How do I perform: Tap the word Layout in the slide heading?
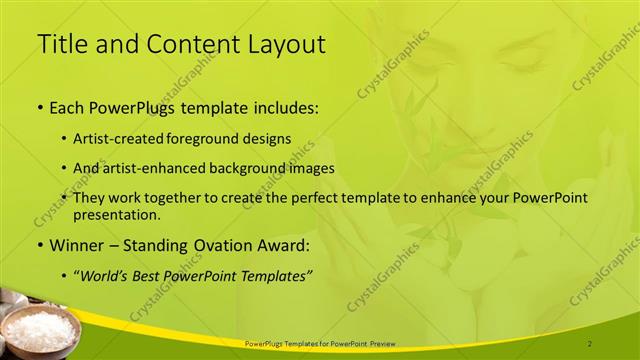pyautogui.click(x=284, y=44)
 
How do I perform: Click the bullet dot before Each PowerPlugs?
pyautogui.click(x=39, y=106)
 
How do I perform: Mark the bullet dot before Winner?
pyautogui.click(x=39, y=245)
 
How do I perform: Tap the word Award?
pyautogui.click(x=287, y=245)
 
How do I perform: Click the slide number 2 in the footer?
pyautogui.click(x=590, y=343)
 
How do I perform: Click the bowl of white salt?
pyautogui.click(x=40, y=326)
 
